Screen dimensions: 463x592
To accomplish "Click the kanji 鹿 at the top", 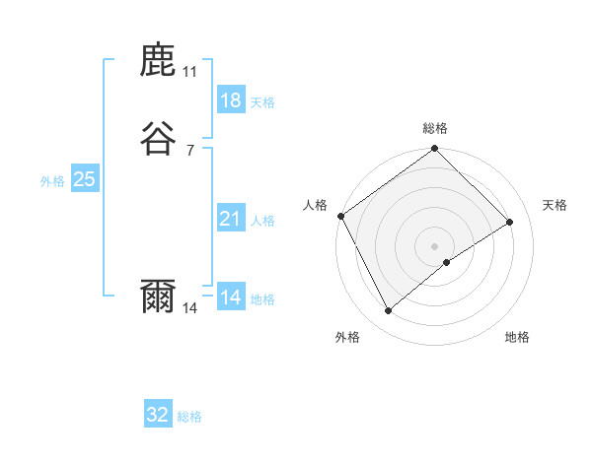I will tap(159, 62).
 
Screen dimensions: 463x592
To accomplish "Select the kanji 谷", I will tap(159, 139).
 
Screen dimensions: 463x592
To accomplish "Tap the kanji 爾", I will tap(159, 297).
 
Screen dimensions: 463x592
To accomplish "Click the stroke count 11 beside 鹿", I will tap(190, 72).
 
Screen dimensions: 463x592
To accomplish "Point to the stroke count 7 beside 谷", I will tap(190, 150).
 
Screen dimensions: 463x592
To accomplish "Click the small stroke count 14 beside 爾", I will tap(190, 308).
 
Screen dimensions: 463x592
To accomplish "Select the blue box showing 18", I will tap(230, 100).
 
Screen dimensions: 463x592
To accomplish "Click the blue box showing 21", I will tap(230, 219).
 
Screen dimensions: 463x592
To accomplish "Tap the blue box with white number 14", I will tap(230, 298).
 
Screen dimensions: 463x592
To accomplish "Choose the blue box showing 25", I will tap(84, 179).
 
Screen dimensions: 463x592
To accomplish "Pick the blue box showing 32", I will tap(158, 415).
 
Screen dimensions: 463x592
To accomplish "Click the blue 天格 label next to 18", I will tap(262, 102).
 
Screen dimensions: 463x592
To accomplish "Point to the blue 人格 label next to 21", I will tap(262, 221).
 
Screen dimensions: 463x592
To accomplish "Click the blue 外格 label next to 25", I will tap(52, 181).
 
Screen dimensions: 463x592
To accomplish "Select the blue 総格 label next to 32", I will tap(190, 417).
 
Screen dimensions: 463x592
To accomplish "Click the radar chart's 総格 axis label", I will tap(435, 128).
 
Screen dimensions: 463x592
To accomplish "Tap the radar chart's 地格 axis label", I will tap(517, 337).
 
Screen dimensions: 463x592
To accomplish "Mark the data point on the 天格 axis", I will tap(510, 223).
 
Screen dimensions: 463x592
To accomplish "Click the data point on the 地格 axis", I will tap(447, 262).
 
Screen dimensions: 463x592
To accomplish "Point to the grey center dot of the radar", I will tap(435, 245).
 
